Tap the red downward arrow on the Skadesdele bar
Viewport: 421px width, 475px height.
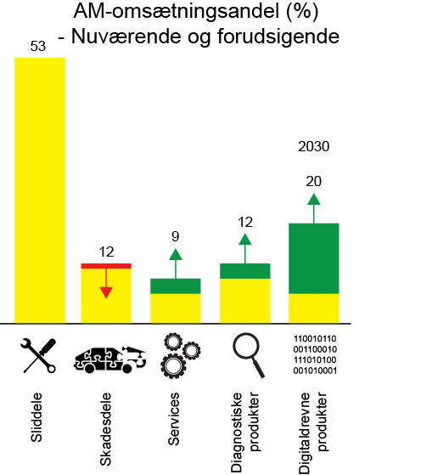point(106,284)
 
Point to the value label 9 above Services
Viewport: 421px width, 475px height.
point(176,237)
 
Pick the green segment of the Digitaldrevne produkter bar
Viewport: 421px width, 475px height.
point(314,258)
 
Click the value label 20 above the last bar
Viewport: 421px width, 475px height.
point(314,181)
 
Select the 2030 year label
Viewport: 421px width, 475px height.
point(313,146)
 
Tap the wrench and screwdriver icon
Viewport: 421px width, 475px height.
point(39,355)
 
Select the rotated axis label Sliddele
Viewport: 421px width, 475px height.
point(38,416)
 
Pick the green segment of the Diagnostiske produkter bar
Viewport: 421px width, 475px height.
point(245,271)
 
